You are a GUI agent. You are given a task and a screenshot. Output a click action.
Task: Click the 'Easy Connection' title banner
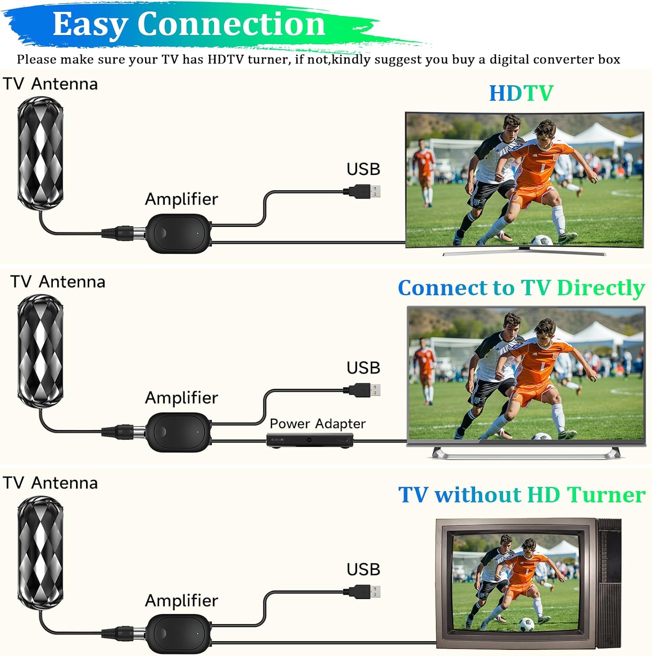189,24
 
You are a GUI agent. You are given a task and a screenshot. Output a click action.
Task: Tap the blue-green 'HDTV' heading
521,93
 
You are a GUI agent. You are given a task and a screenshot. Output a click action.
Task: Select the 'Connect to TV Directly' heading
521,288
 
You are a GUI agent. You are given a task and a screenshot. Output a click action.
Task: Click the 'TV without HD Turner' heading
522,495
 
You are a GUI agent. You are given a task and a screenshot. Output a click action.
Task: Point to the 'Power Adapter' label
317,423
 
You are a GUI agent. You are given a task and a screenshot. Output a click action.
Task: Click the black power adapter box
310,440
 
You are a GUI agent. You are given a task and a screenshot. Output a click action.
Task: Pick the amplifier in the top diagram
178,233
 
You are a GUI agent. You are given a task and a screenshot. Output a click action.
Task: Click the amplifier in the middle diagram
178,432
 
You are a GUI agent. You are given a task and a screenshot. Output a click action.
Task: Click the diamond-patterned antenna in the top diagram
40,153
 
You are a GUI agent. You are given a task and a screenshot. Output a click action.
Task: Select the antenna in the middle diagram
40,351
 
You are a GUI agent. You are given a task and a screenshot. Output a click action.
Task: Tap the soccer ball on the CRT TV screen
528,623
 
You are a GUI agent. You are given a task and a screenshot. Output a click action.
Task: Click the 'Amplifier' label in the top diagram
181,199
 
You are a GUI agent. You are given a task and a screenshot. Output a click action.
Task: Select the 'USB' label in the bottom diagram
363,569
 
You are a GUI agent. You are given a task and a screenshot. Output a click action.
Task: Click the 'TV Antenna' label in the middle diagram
58,282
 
